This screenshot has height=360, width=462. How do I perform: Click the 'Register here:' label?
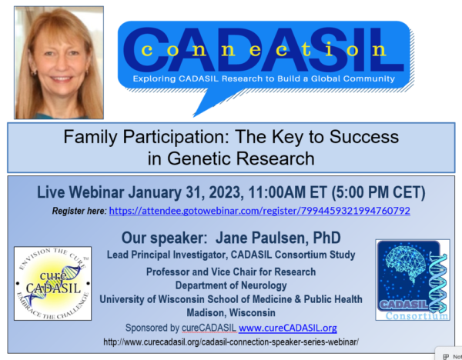79,210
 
